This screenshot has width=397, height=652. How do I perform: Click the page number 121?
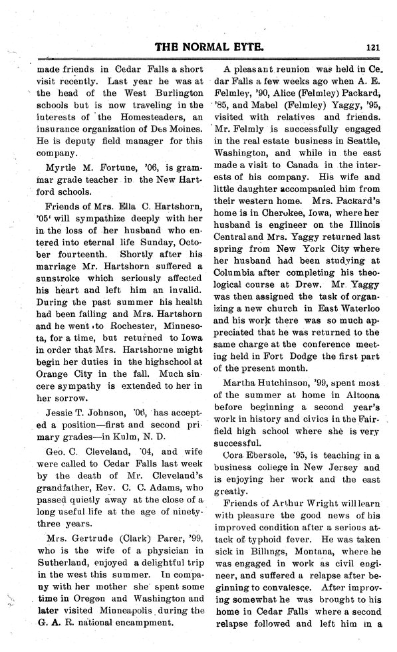372,47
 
